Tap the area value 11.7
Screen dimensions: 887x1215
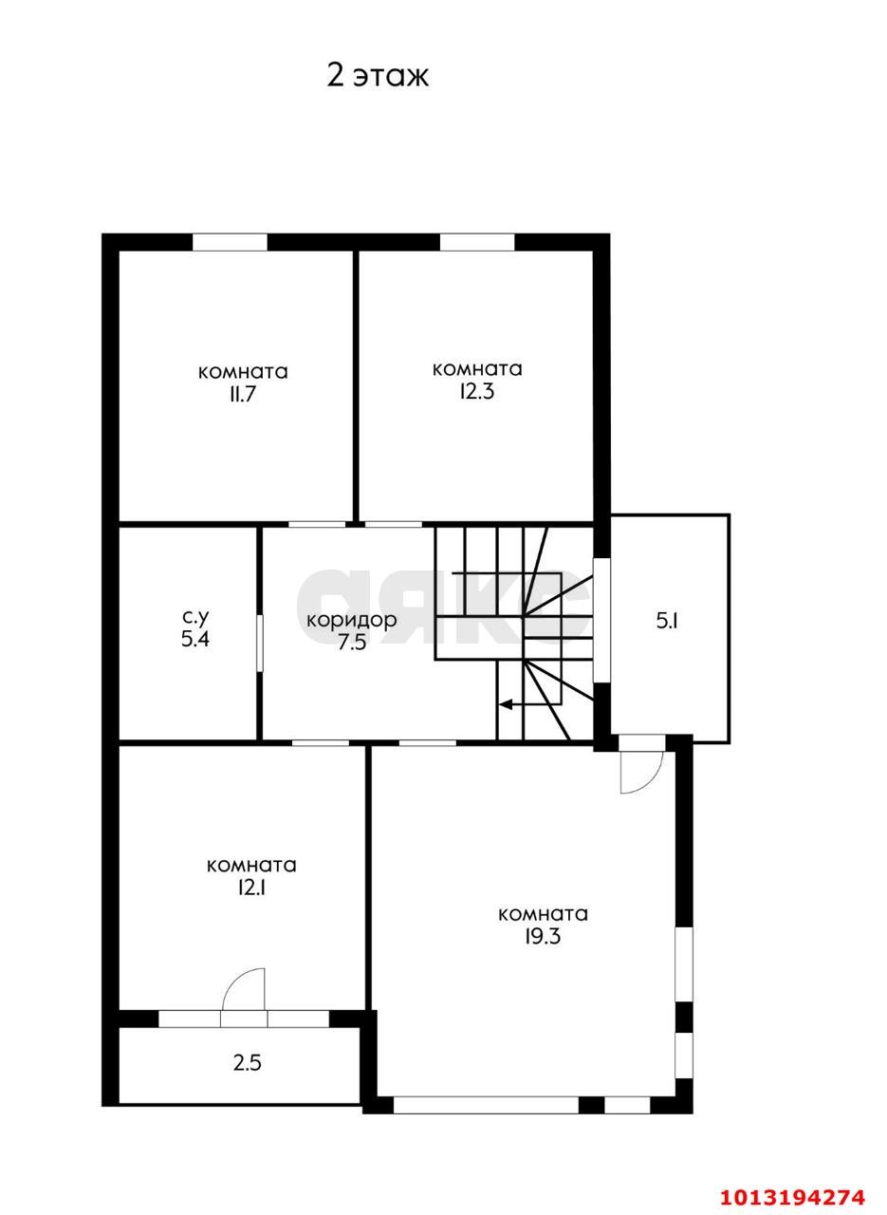tap(242, 394)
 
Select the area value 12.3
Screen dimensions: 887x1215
tap(476, 391)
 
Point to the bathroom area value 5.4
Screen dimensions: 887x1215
tap(194, 640)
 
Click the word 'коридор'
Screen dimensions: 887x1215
tap(351, 621)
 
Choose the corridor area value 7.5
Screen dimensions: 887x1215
tap(352, 643)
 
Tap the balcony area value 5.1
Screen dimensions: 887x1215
tap(668, 621)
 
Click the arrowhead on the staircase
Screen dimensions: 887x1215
tap(505, 704)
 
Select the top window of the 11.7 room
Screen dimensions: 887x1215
tap(230, 242)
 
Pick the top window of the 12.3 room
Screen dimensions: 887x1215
tap(476, 242)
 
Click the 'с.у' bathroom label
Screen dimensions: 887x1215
tap(194, 617)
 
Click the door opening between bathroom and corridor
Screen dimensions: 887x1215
tap(260, 643)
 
